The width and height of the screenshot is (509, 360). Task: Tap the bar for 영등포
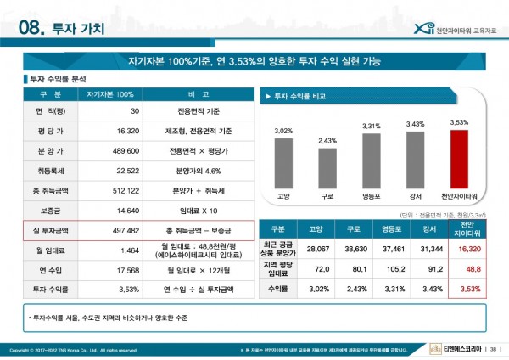[372, 161]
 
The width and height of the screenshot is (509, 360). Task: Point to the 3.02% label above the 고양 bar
[283, 131]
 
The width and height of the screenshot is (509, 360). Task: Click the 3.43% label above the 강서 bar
[415, 124]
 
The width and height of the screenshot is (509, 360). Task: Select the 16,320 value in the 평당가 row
[125, 132]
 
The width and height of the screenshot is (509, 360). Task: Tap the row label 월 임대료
[52, 250]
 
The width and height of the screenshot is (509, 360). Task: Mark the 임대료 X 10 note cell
[200, 209]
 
